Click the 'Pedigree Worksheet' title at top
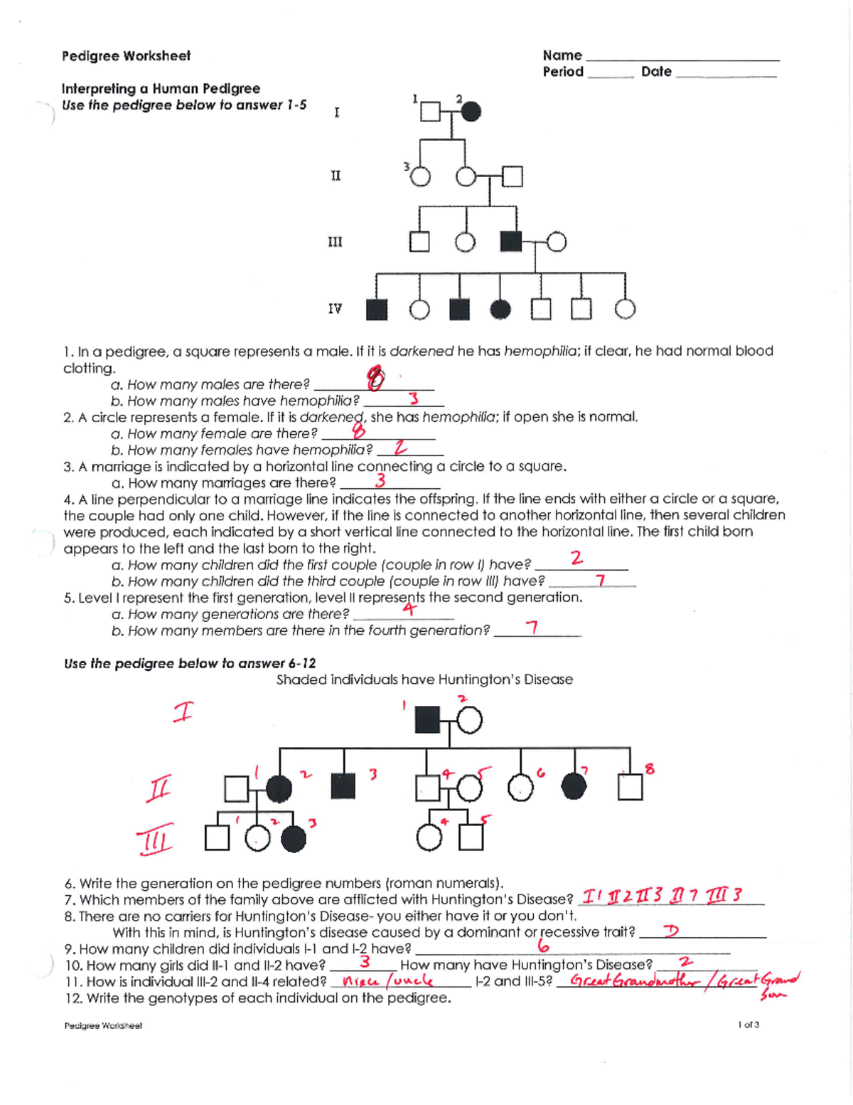click(x=126, y=56)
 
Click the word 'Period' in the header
click(x=563, y=72)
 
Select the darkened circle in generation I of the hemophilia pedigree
click(x=471, y=112)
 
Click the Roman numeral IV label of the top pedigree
click(x=335, y=309)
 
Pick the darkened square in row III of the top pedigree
click(x=511, y=242)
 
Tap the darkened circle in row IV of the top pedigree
click(x=500, y=309)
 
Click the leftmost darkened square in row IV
click(x=377, y=309)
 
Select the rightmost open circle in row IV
click(x=625, y=309)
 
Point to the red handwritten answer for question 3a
click(x=381, y=481)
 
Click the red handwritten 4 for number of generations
click(x=408, y=609)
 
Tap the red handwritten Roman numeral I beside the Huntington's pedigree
click(x=183, y=712)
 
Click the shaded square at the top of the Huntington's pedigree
click(x=427, y=720)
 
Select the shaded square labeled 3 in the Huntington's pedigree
click(x=343, y=786)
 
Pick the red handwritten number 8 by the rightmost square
click(x=649, y=768)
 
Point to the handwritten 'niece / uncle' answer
click(x=388, y=981)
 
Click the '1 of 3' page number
click(x=749, y=1025)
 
